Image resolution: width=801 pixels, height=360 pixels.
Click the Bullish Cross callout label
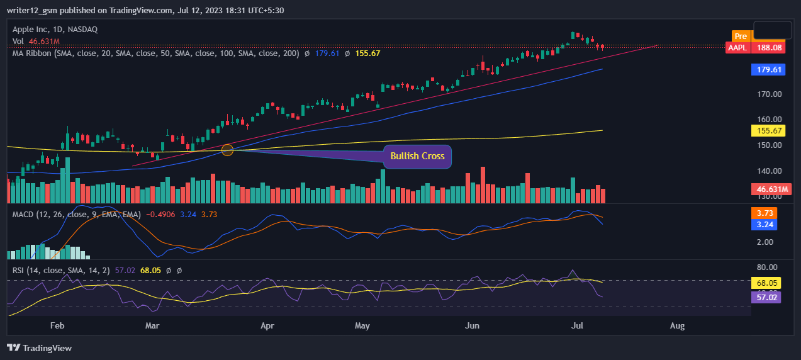tap(417, 156)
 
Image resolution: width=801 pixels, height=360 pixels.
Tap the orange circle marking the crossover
tap(228, 150)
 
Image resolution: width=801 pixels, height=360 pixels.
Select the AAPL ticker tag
tap(737, 47)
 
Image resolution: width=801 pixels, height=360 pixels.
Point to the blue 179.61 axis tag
tap(768, 70)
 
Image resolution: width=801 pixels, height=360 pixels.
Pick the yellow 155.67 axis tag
tap(768, 131)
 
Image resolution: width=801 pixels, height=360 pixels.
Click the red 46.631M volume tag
tap(768, 189)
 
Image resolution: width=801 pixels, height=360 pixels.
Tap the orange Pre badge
tap(741, 36)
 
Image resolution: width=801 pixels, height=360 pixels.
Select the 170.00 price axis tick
tap(769, 94)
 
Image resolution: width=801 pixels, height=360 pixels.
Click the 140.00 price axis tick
tap(769, 171)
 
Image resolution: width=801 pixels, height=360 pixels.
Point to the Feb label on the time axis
tap(57, 326)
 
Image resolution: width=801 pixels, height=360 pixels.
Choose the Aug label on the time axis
tap(677, 326)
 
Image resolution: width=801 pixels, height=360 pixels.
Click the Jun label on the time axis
tap(472, 326)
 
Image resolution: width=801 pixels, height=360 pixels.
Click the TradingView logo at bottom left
tap(40, 348)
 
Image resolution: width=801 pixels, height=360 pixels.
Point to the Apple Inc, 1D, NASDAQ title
tap(55, 30)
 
